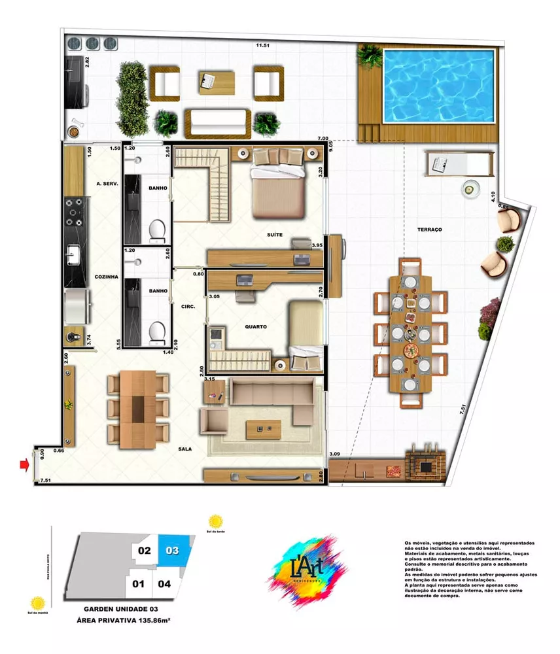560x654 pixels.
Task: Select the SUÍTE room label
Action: pyautogui.click(x=275, y=234)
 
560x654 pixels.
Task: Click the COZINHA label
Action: pyautogui.click(x=105, y=277)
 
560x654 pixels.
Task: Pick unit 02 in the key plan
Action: pyautogui.click(x=145, y=551)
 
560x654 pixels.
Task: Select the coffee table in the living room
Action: pyautogui.click(x=263, y=429)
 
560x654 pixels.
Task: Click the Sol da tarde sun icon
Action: pyautogui.click(x=215, y=523)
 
